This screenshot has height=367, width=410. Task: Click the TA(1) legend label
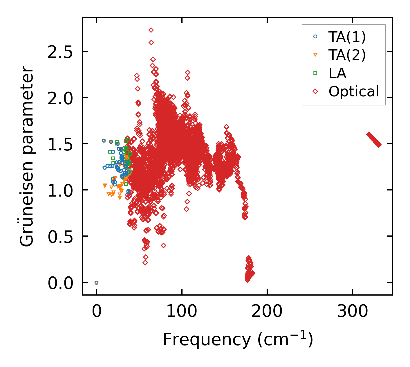347,37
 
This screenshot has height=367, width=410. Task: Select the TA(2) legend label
347,55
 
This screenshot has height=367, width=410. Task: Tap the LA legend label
337,73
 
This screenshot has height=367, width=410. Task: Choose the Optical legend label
354,91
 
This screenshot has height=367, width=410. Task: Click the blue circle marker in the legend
315,37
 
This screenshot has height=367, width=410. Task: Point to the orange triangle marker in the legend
315,55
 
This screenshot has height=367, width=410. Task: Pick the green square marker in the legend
315,73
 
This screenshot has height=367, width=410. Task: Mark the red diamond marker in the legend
315,91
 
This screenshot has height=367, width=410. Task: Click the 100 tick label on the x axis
182,312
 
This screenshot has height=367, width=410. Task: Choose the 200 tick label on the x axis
267,312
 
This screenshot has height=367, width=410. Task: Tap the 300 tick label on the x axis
352,312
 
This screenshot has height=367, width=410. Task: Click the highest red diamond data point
151,30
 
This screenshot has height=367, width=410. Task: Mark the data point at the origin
96,283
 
